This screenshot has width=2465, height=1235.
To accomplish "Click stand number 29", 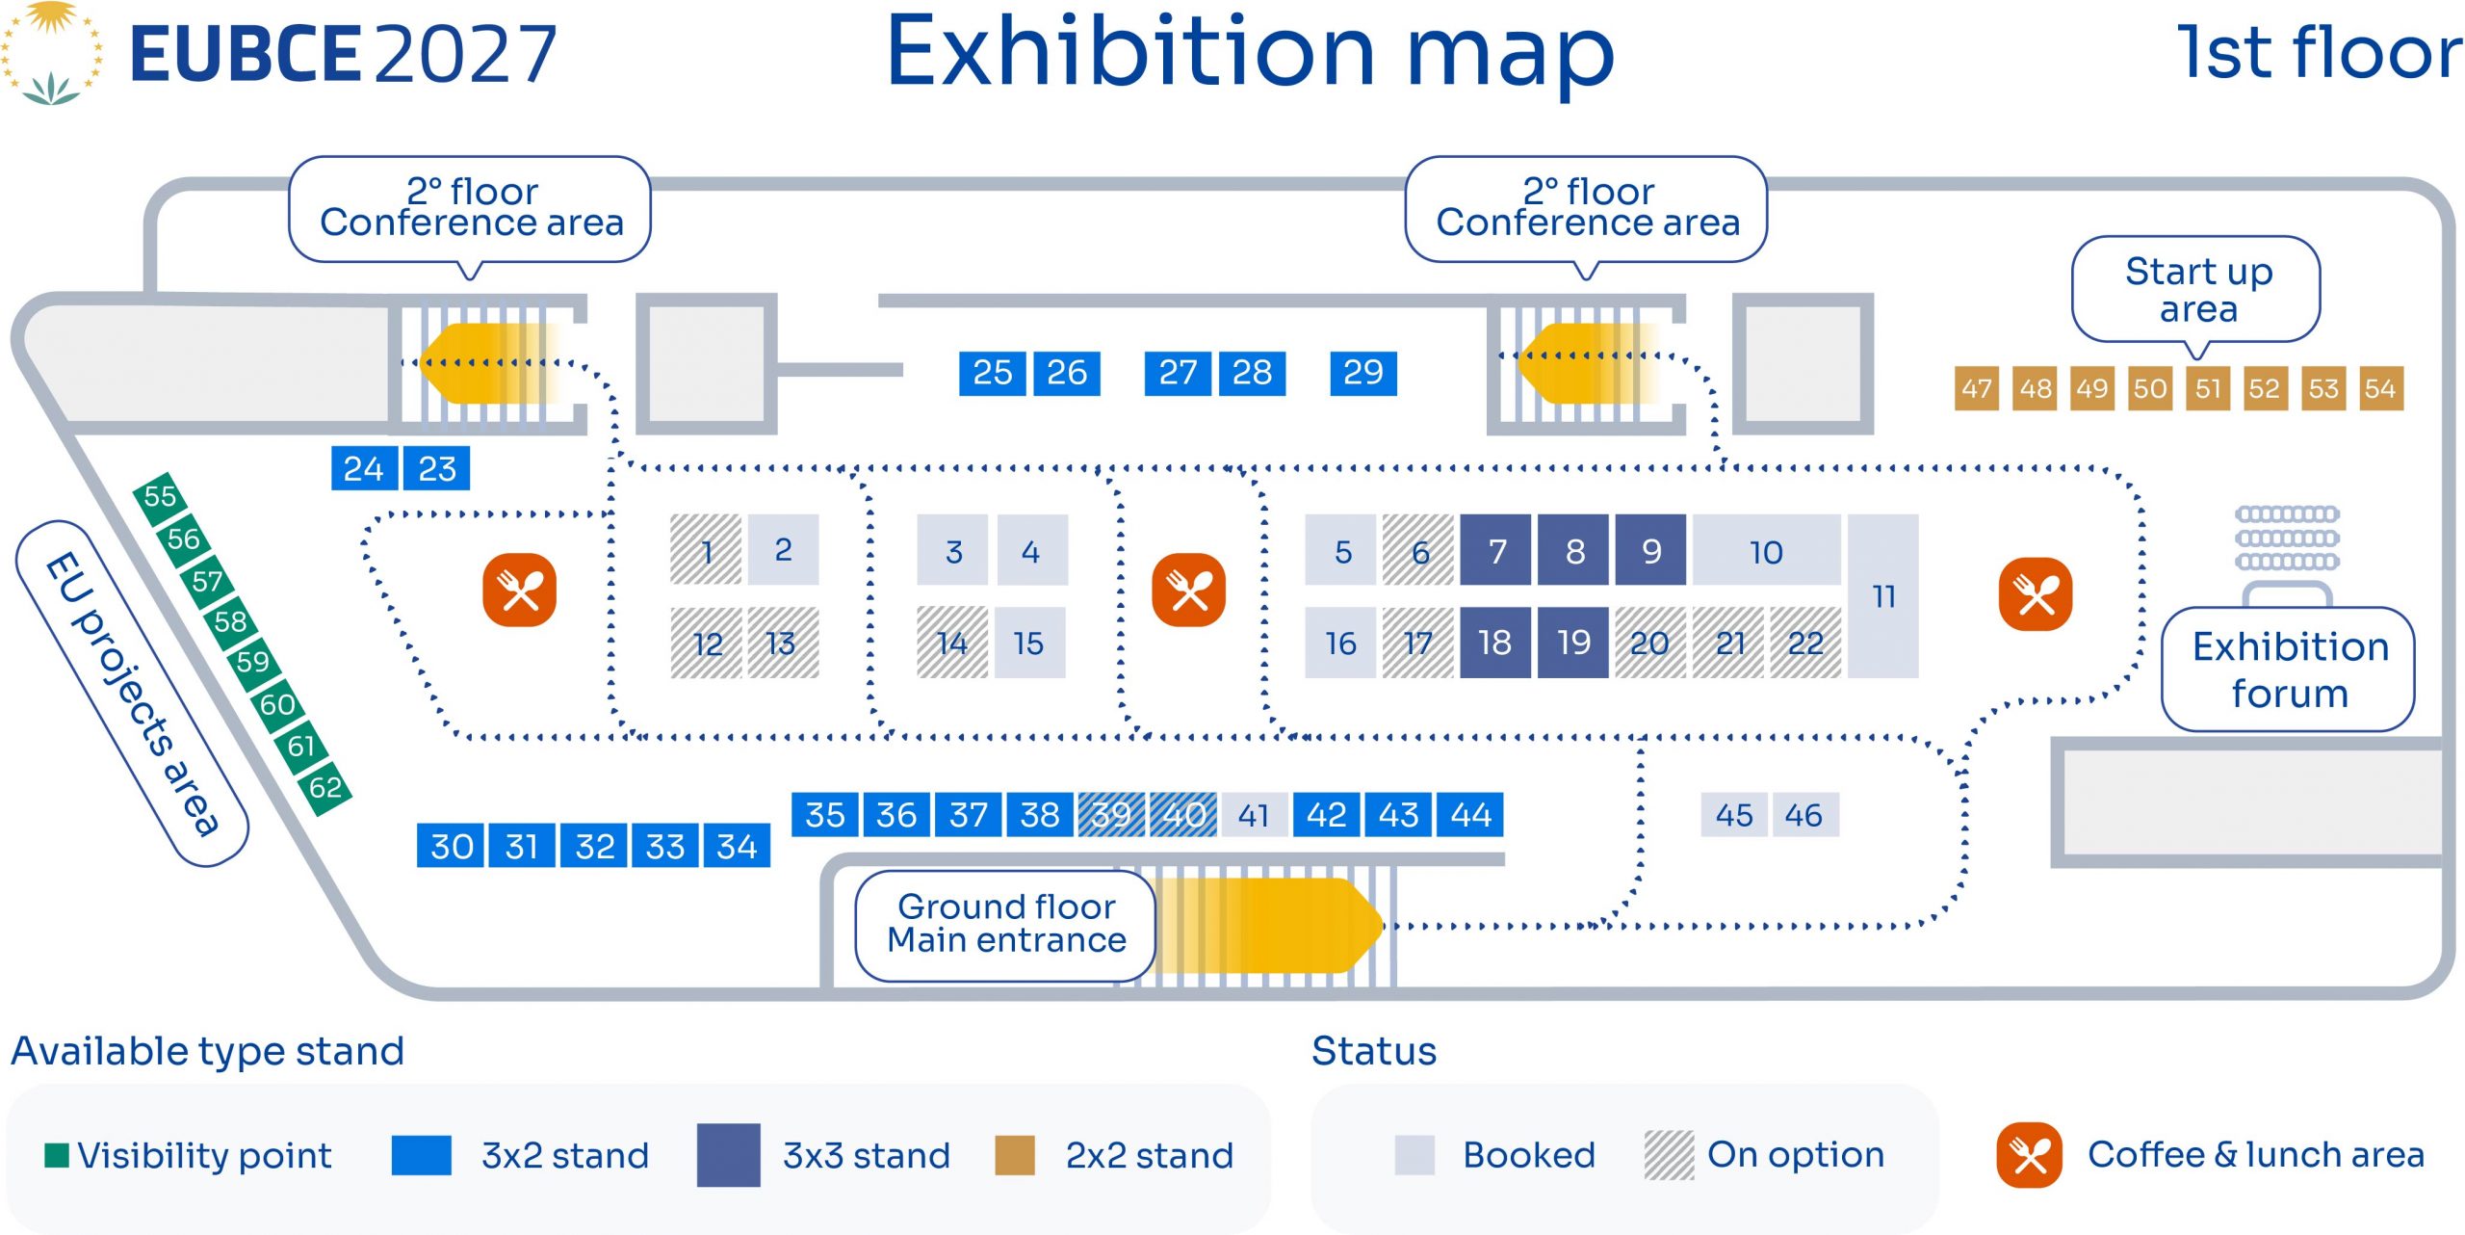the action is [x=1362, y=373].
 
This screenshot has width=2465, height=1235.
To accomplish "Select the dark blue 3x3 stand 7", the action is [x=1495, y=550].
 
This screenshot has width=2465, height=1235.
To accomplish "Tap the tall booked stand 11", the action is [x=1883, y=596].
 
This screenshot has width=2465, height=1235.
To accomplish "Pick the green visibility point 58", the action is [x=230, y=621].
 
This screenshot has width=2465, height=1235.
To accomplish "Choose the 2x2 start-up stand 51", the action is [x=2208, y=388].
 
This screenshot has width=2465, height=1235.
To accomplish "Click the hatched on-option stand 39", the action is [x=1111, y=815].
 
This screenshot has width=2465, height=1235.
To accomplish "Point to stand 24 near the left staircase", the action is [x=364, y=468].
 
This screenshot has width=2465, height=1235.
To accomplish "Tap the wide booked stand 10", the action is [x=1767, y=550].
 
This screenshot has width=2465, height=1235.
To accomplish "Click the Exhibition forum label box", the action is [x=2288, y=670].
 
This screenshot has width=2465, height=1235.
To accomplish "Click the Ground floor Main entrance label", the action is [x=1005, y=925].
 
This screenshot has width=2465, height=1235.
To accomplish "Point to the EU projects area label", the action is [x=133, y=694].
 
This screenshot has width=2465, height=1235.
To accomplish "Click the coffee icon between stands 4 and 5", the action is [x=1189, y=590].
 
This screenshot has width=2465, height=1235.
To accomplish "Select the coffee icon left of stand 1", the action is [x=520, y=590].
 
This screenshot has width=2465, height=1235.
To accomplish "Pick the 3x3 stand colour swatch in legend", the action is [x=729, y=1154].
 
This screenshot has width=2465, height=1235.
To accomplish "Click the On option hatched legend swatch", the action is [x=1669, y=1154].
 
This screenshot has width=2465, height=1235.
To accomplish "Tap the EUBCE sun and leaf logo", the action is [x=51, y=53].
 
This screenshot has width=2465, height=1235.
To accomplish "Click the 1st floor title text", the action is [x=2319, y=53].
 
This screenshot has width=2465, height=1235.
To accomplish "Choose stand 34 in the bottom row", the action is [x=737, y=846].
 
